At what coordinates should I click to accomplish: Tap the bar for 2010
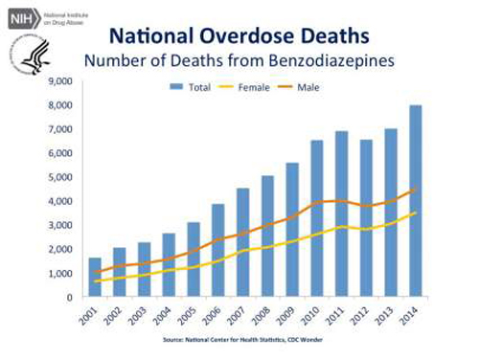click(316, 219)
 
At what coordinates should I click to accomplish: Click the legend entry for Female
click(243, 87)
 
